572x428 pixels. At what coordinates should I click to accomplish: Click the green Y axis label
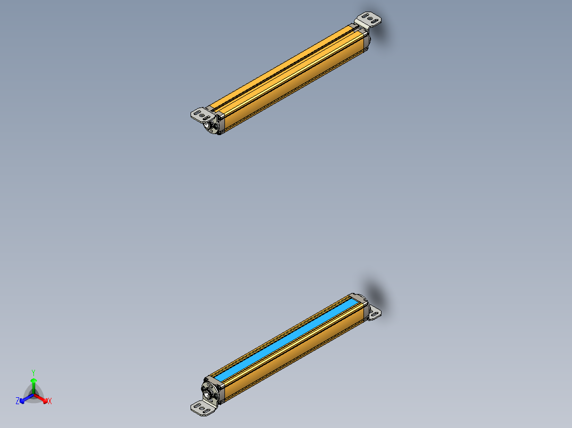(x=33, y=372)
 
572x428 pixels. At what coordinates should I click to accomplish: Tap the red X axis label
(x=50, y=402)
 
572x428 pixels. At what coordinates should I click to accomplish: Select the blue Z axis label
(x=18, y=402)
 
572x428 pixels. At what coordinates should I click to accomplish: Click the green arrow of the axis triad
(x=33, y=382)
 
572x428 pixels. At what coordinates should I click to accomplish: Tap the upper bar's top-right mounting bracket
(x=370, y=20)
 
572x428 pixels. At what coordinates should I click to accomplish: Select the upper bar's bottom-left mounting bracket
(x=200, y=113)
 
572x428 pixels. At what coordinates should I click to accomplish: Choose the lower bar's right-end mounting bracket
(x=375, y=313)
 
